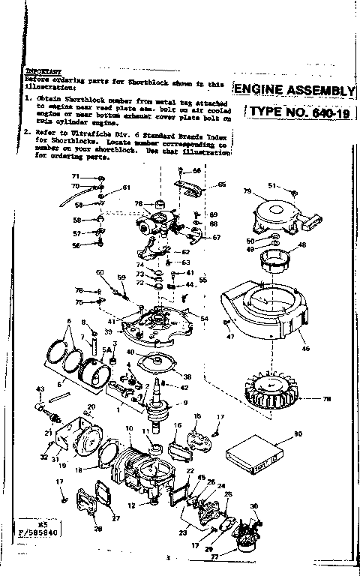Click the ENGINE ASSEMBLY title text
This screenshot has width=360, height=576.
click(x=295, y=91)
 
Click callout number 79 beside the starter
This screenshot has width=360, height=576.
click(x=247, y=191)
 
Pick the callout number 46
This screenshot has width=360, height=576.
click(x=304, y=349)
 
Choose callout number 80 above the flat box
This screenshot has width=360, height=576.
click(x=298, y=433)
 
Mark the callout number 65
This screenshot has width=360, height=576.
click(x=222, y=184)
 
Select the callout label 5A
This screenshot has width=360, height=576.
click(x=106, y=349)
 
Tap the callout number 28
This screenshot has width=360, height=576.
click(x=97, y=529)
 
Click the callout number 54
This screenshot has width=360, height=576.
click(x=205, y=319)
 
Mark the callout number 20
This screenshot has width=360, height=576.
click(x=91, y=407)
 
